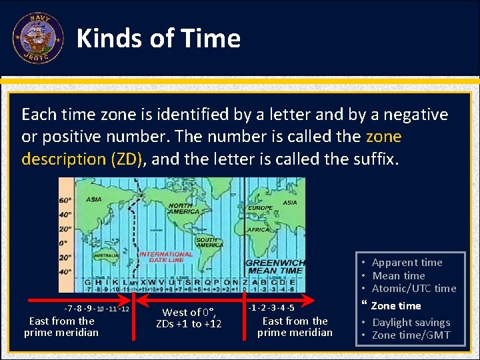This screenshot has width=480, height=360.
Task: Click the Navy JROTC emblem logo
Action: click(37, 38)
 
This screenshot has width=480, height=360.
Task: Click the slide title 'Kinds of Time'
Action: click(159, 39)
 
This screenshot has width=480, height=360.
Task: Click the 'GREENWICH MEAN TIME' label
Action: click(275, 267)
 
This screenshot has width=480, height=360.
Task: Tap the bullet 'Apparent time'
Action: click(407, 262)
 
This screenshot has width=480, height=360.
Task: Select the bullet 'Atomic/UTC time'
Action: click(413, 288)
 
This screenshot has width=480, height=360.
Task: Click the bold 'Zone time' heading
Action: click(395, 305)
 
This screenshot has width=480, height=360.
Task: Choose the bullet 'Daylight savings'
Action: click(411, 322)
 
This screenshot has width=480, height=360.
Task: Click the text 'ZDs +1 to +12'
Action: click(189, 323)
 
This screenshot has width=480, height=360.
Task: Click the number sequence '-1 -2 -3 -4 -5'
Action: click(271, 308)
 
